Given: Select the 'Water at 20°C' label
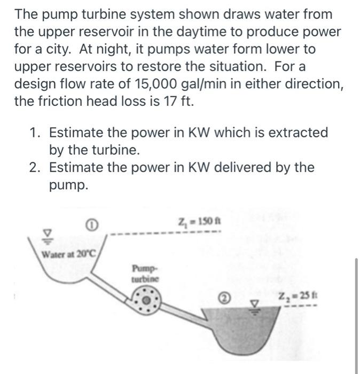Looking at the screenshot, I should coord(67,253).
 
